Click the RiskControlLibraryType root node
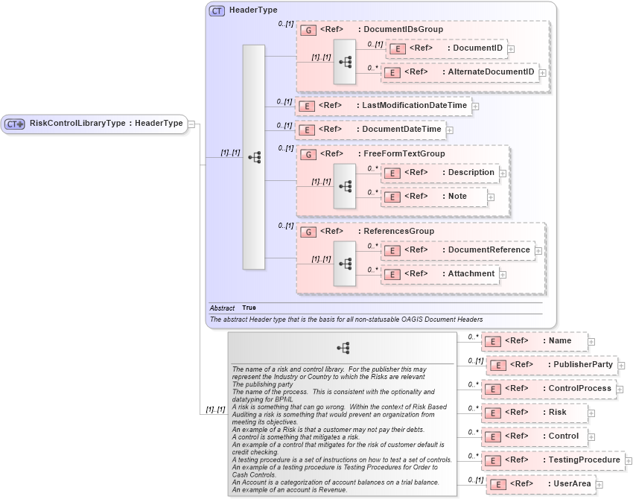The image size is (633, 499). pyautogui.click(x=95, y=124)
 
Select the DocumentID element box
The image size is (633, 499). pyautogui.click(x=446, y=48)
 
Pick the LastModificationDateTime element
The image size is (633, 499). pyautogui.click(x=384, y=106)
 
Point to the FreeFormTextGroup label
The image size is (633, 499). pyautogui.click(x=404, y=153)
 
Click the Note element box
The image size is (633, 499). pyautogui.click(x=434, y=197)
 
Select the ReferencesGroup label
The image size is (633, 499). pyautogui.click(x=398, y=232)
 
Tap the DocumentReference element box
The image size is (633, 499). pyautogui.click(x=457, y=250)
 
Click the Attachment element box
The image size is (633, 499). pyautogui.click(x=439, y=274)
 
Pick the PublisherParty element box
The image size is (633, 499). pyautogui.click(x=550, y=365)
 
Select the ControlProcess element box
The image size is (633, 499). pyautogui.click(x=547, y=389)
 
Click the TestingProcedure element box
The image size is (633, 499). pyautogui.click(x=553, y=460)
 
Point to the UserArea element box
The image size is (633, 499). pyautogui.click(x=539, y=484)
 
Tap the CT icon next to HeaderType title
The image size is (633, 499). pyautogui.click(x=217, y=10)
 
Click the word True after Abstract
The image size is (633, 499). pyautogui.click(x=249, y=308)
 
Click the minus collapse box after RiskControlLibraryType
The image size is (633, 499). pyautogui.click(x=191, y=124)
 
